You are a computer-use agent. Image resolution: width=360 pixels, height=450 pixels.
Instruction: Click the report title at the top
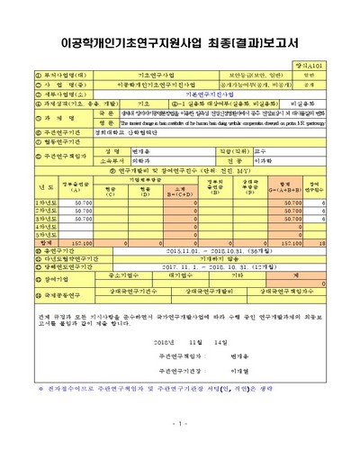(x=180, y=41)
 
